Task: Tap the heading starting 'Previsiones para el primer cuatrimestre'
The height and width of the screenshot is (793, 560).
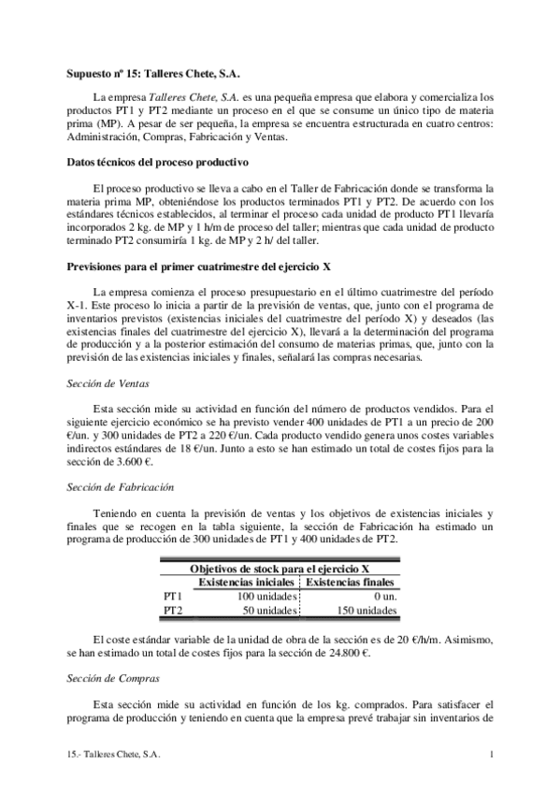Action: pos(197,267)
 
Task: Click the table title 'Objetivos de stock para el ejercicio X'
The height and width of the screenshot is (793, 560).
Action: pos(280,569)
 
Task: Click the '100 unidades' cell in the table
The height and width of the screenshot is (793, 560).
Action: pos(266,596)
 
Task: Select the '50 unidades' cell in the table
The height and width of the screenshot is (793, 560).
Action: pos(269,610)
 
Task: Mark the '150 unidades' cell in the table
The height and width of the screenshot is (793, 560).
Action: pos(365,610)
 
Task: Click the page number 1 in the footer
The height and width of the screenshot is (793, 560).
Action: pos(491,753)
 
